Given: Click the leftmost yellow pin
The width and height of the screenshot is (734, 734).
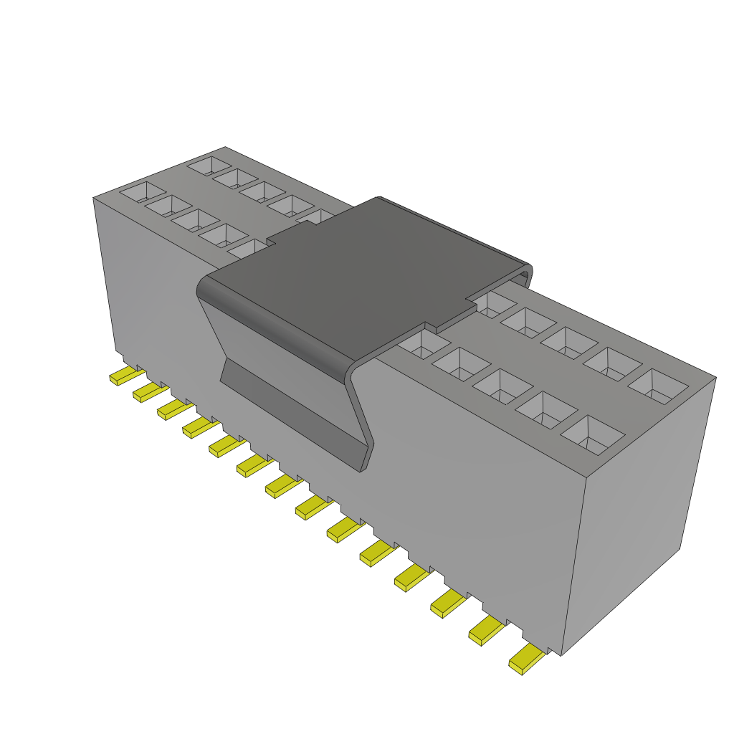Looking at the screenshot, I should (124, 376).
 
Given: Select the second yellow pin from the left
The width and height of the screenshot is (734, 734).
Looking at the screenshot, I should (147, 392).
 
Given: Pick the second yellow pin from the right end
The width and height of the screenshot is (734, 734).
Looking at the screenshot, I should (485, 630).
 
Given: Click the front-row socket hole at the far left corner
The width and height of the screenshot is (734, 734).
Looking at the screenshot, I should (142, 191).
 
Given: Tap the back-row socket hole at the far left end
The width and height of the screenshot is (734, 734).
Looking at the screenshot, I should (209, 165).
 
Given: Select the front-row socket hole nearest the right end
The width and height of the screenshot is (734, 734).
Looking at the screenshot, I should (593, 434).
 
